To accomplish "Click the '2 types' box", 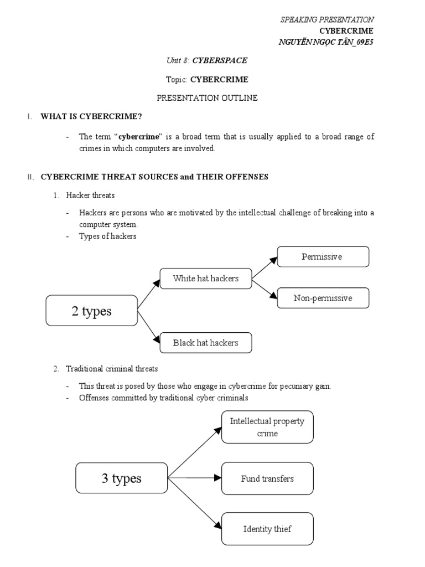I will point(91,311).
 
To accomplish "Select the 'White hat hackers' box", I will point(206,278).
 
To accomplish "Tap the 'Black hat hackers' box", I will point(206,343).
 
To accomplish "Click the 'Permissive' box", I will point(322,256).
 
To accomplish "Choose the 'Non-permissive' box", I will point(322,298).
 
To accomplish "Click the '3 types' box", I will point(121,478).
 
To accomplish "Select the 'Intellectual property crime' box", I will point(267,427).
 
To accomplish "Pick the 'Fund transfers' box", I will point(267,478).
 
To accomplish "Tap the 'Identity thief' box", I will point(267,528).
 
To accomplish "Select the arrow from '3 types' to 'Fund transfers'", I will point(194,477).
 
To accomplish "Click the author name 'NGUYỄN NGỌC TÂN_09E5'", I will point(329,42).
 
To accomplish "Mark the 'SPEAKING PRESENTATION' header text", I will point(327,19).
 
